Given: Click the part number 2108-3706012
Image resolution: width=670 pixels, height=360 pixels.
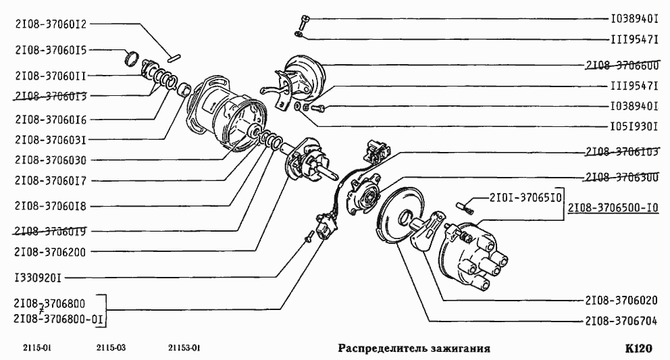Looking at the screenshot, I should [51, 24].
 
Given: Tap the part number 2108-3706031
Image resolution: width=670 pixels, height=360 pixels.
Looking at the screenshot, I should [51, 140].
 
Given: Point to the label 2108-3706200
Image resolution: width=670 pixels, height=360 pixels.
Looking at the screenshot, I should [51, 251].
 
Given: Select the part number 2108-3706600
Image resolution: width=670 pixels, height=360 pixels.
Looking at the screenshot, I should [622, 65].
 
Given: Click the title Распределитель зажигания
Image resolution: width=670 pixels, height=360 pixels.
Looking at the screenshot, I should [413, 349].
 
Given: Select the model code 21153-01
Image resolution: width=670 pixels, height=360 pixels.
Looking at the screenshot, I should [184, 349].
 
